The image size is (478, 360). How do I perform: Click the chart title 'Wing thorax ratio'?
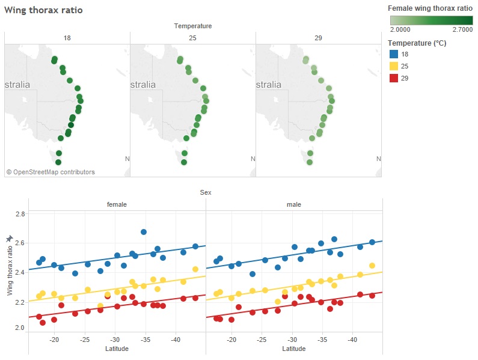click(x=43, y=10)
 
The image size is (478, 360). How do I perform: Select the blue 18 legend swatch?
click(x=393, y=54)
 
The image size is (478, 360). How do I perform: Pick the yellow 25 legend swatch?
click(x=393, y=66)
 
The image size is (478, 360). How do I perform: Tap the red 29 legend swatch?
click(x=393, y=78)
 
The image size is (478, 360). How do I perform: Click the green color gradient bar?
click(x=431, y=20)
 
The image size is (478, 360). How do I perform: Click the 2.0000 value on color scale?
click(x=400, y=29)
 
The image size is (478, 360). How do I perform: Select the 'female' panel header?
click(x=117, y=204)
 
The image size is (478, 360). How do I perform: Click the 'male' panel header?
click(x=294, y=204)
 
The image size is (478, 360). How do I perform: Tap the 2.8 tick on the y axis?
click(x=20, y=214)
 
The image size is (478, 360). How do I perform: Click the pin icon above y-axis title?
click(x=9, y=239)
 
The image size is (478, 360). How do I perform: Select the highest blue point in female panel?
click(x=144, y=232)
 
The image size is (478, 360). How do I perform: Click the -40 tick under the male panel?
click(x=353, y=340)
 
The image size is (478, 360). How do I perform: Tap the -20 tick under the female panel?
click(x=54, y=340)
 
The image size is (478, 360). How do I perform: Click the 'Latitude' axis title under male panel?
click(x=294, y=349)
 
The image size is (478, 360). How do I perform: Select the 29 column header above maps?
click(x=318, y=38)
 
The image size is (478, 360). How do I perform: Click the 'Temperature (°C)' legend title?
click(x=417, y=43)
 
